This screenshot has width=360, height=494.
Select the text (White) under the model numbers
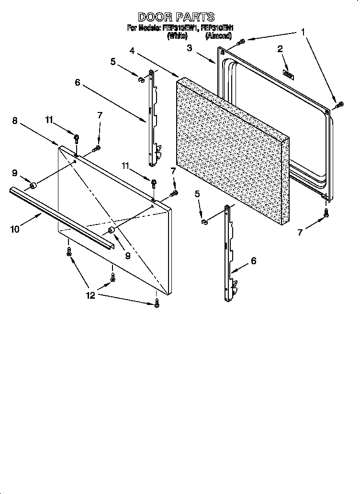(x=177, y=35)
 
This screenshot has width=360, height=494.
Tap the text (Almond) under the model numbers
(x=219, y=35)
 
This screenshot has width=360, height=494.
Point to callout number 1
(x=303, y=32)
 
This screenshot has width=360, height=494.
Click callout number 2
(x=280, y=49)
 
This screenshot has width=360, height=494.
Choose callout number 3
(x=190, y=47)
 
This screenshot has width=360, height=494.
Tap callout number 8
(x=15, y=121)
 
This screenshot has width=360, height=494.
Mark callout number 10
(x=15, y=229)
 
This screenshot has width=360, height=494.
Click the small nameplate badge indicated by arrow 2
(x=289, y=74)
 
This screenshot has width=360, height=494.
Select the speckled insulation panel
(x=232, y=151)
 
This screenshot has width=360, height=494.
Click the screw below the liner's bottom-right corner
(x=326, y=213)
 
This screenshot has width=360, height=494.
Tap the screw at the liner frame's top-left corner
(x=241, y=43)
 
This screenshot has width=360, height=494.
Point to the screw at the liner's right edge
(x=340, y=104)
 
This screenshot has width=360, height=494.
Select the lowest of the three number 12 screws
(x=157, y=303)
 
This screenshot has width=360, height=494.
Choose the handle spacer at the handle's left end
(x=33, y=185)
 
